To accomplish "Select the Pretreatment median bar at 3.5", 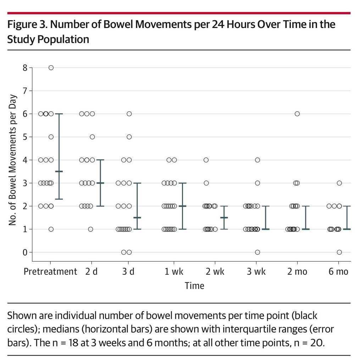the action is [59, 171].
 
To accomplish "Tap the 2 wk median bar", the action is [224, 218].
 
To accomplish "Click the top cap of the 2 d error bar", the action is [100, 160].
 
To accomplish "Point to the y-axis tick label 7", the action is [25, 91].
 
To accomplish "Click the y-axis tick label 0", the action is [25, 252].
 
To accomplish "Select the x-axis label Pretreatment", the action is [50, 271].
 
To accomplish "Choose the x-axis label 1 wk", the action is [174, 271].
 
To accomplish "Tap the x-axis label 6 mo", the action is [338, 271].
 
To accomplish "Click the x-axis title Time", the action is [194, 286].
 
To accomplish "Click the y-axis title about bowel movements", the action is [12, 160].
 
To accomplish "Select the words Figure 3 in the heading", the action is [27, 24].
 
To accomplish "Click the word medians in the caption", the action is [61, 329].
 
